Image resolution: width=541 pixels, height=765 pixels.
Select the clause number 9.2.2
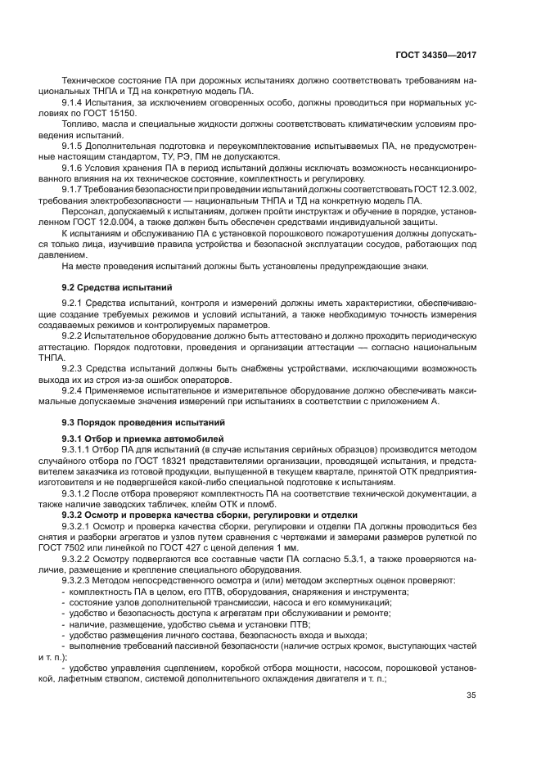click(x=75, y=335)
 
